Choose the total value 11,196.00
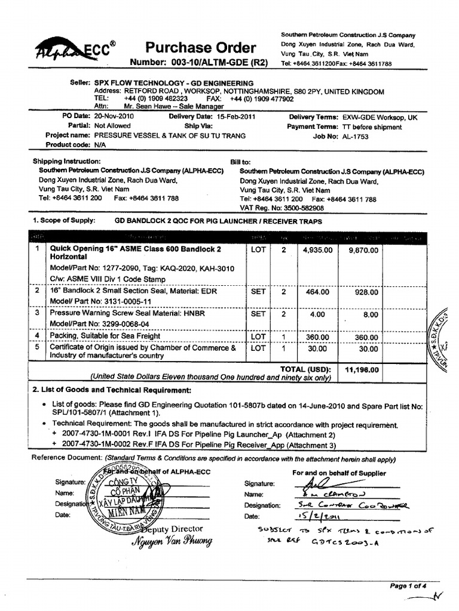coord(362,369)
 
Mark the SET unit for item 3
coord(258,314)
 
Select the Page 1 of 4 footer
coord(408,586)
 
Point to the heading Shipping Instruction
coord(66,162)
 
